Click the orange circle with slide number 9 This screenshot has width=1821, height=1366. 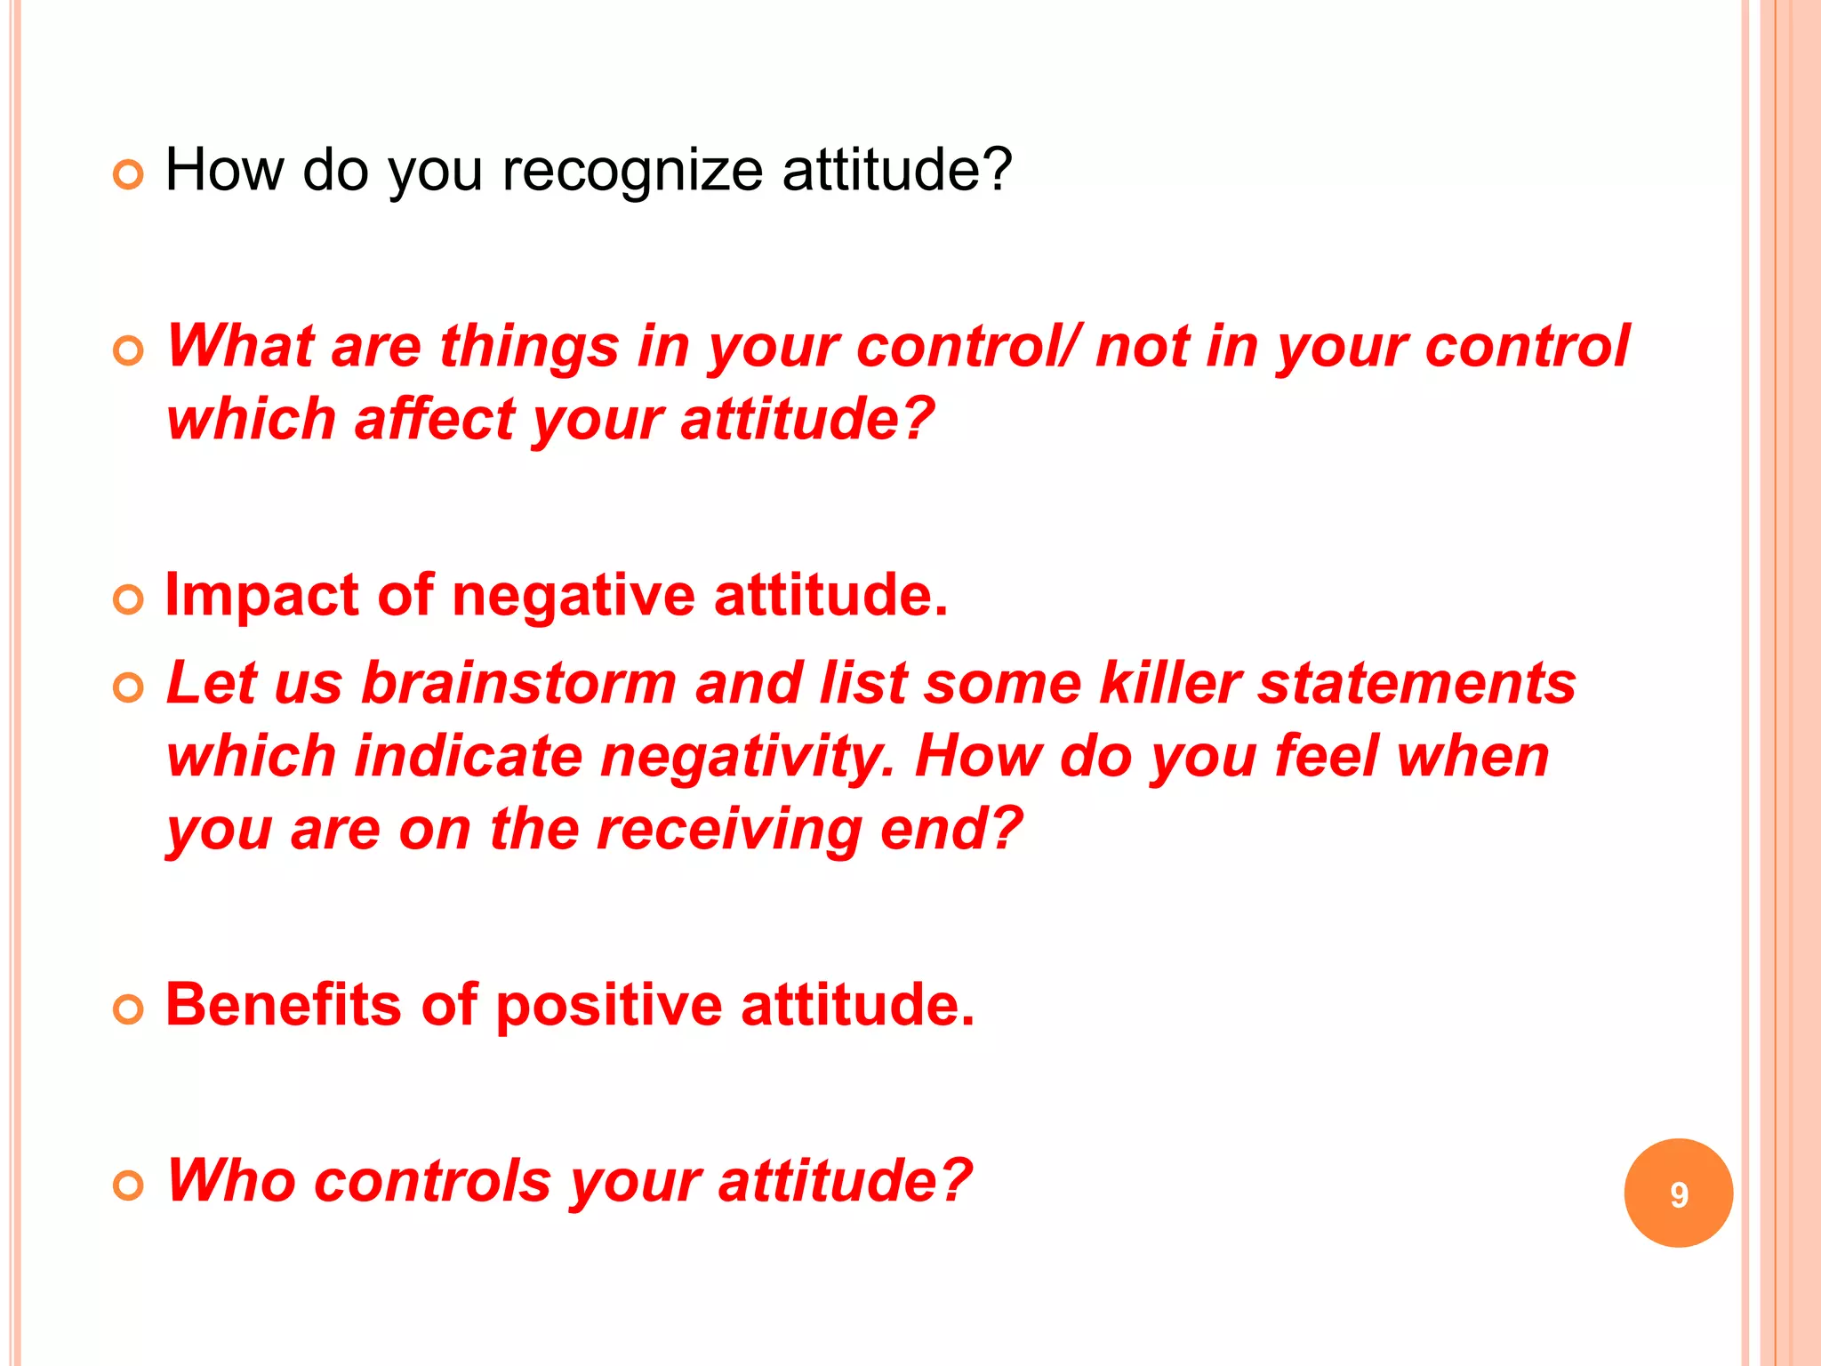(1678, 1193)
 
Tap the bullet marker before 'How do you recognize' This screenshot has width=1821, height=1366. (129, 175)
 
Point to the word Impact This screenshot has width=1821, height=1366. (261, 595)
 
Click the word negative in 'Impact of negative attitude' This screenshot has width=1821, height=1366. (573, 595)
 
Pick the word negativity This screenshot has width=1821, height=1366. (747, 757)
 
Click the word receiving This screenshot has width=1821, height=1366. (728, 829)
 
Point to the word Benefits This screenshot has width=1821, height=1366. (283, 1004)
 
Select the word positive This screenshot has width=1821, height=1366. (608, 1006)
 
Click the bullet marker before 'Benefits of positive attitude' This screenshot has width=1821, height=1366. (129, 1009)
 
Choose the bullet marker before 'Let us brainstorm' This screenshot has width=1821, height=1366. (129, 688)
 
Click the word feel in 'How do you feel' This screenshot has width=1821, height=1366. (1325, 757)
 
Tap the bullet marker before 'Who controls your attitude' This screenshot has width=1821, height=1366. (129, 1185)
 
